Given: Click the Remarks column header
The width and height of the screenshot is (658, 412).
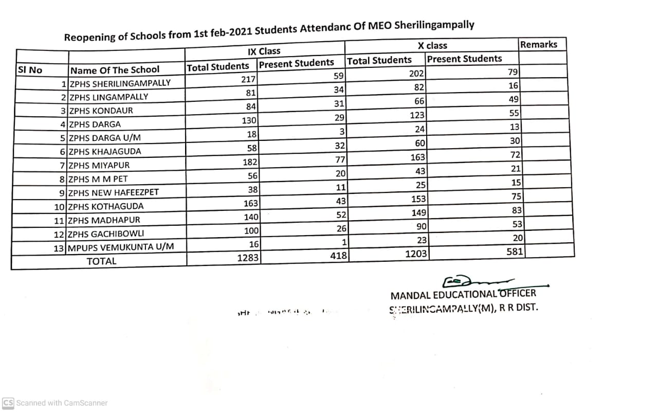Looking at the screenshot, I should point(538,45).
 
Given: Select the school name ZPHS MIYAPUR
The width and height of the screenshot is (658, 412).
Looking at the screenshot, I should point(99,166).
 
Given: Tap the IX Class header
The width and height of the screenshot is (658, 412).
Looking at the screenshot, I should point(264,51).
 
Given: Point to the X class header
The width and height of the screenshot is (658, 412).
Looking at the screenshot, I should point(432,46).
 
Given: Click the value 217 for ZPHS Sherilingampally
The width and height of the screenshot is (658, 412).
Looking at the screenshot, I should point(249,80).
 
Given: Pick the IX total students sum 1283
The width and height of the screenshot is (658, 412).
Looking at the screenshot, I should point(248,258).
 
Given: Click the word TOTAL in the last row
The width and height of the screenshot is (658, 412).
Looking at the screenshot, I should point(102,261).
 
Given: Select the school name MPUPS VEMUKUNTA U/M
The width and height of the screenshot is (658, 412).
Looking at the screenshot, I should point(121,247).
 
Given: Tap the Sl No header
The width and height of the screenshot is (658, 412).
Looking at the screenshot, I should point(30,70).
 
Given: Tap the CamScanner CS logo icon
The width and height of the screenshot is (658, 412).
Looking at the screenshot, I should point(8,403).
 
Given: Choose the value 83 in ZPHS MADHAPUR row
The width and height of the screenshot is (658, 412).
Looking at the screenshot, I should point(517,210).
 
